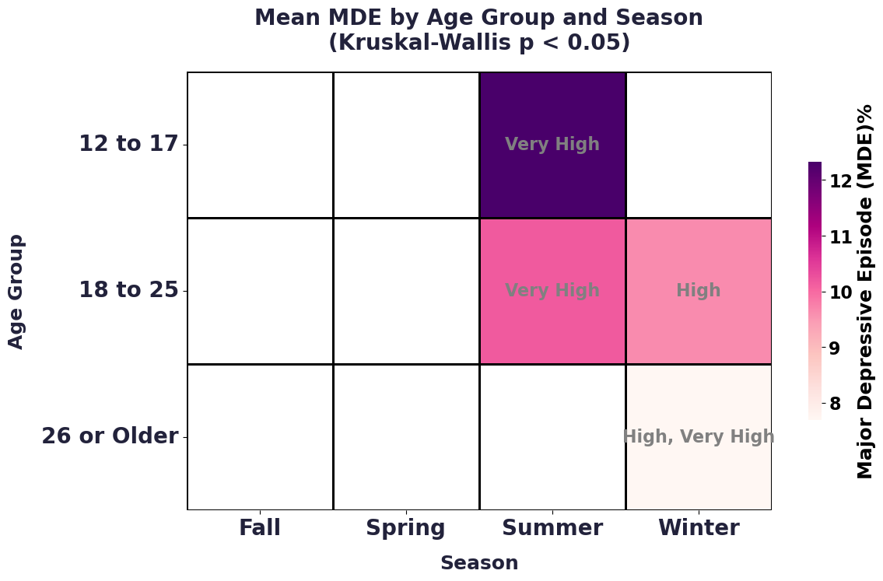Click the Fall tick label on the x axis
[x=260, y=528]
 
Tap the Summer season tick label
[x=552, y=528]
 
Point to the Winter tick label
[x=699, y=528]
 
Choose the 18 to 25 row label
[x=128, y=290]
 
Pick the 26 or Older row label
[x=110, y=436]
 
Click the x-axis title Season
[x=479, y=563]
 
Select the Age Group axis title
[x=16, y=292]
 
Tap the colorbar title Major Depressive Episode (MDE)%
[x=864, y=292]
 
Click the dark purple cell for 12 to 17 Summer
[x=552, y=145]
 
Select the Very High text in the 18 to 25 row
[x=552, y=290]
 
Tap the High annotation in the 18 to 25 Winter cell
[x=699, y=290]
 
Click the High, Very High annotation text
[x=699, y=436]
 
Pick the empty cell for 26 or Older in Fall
[x=260, y=437]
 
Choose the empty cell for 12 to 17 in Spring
[x=406, y=145]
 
